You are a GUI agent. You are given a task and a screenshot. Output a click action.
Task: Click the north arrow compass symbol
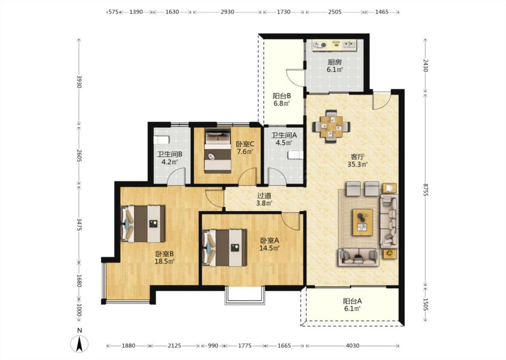pos(79,344)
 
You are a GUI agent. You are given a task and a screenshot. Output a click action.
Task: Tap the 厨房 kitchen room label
pos(334,62)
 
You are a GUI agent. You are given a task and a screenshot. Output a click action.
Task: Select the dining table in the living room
pos(331,127)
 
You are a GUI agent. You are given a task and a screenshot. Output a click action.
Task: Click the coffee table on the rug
pos(363,222)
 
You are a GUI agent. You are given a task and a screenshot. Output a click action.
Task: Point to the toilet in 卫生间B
pos(162,140)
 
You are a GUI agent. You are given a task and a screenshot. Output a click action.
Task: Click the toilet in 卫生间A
pos(295,155)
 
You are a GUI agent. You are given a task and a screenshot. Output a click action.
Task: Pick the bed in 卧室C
pos(218,151)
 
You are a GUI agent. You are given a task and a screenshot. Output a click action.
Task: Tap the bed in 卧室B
pos(143,224)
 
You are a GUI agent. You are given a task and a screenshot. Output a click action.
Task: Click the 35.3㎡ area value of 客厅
pos(358,165)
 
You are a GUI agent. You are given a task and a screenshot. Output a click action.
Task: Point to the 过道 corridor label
pos(264,195)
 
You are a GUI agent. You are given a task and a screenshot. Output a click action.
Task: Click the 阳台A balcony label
pos(352,301)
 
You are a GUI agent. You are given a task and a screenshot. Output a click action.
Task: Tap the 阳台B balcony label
pos(282,96)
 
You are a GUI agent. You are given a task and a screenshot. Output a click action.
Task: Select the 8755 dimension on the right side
pos(425,190)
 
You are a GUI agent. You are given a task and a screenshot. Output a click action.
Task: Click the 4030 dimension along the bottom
pos(353,345)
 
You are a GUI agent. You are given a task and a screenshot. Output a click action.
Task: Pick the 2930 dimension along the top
pos(227,12)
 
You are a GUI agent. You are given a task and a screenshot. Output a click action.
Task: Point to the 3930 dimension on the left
pos(79,81)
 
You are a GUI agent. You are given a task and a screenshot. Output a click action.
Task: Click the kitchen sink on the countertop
pos(349,45)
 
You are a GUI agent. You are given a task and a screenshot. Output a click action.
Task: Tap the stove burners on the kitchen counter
pos(320,45)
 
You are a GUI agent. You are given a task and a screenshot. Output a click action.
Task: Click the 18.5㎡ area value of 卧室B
pos(164,261)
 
